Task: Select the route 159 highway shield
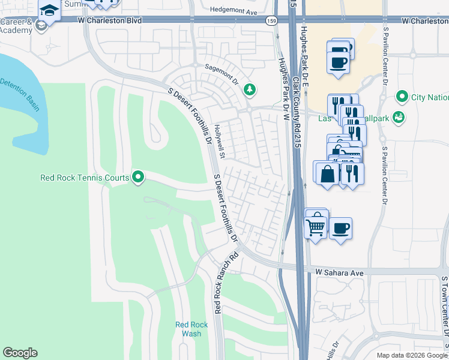click(x=271, y=20)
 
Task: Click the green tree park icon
click(x=249, y=90)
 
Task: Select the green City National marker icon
click(x=402, y=97)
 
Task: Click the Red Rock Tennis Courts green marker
click(x=138, y=177)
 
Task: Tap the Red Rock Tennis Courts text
click(x=85, y=178)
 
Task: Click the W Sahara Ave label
click(x=340, y=272)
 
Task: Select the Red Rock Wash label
click(x=191, y=329)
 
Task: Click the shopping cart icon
click(x=315, y=227)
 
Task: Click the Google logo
click(x=20, y=353)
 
